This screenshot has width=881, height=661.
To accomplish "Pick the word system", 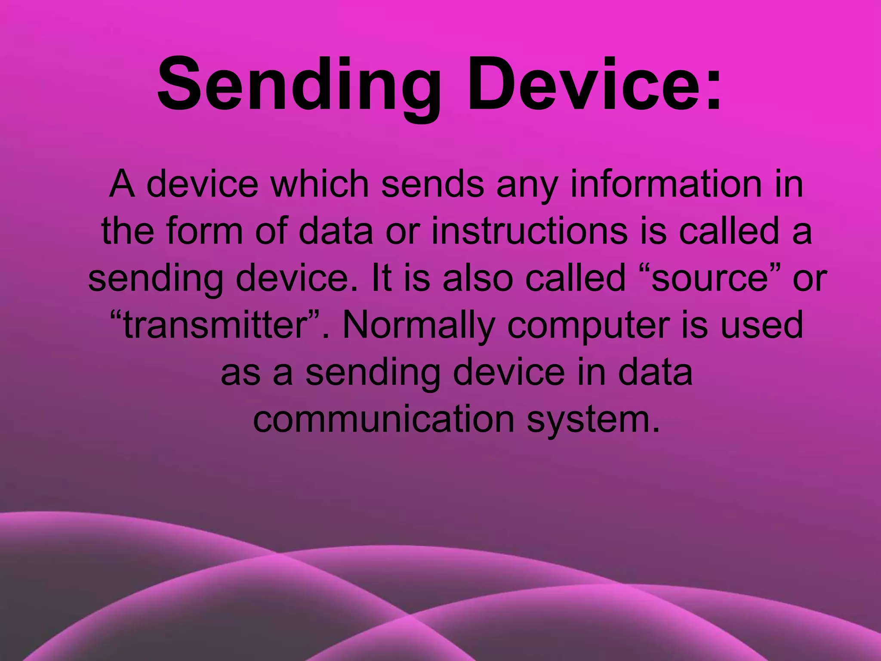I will tap(594, 420).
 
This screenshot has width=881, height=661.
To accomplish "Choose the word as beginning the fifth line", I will tap(240, 372).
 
